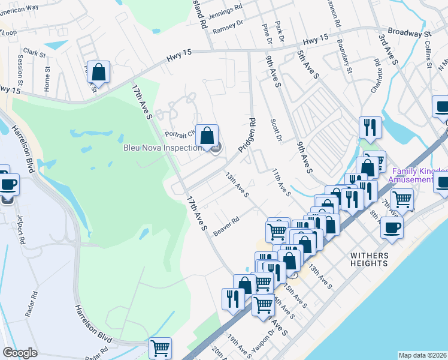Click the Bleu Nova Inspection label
pyautogui.click(x=162, y=148)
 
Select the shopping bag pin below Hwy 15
pyautogui.click(x=98, y=73)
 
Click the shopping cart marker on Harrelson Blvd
pyautogui.click(x=160, y=348)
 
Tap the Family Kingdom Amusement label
pyautogui.click(x=417, y=175)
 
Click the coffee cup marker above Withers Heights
pyautogui.click(x=392, y=229)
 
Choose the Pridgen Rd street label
pyautogui.click(x=246, y=134)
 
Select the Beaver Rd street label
pyautogui.click(x=226, y=226)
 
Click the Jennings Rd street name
pyautogui.click(x=229, y=8)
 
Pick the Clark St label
pyautogui.click(x=35, y=53)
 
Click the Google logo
pyautogui.click(x=20, y=353)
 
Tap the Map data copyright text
pyautogui.click(x=422, y=355)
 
